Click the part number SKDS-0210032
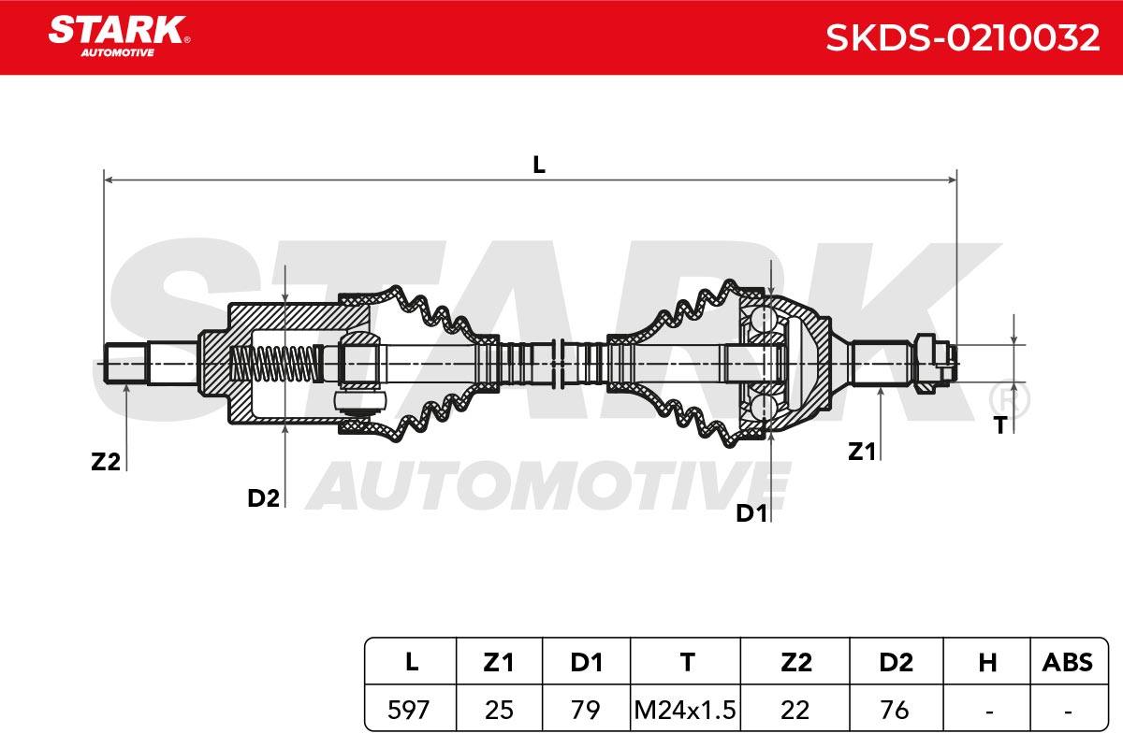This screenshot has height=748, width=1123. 963,37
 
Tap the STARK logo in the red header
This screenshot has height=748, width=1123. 119,36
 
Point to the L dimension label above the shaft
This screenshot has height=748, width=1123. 539,165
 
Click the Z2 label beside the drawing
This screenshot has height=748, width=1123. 106,462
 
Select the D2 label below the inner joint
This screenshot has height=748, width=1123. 263,498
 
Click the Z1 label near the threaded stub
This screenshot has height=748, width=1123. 862,452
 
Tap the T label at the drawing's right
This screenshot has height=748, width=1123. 1000,425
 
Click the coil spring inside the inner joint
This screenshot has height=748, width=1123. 274,364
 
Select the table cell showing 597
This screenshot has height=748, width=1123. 409,710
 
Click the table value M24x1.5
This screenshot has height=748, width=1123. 685,710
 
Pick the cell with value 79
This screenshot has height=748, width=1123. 586,710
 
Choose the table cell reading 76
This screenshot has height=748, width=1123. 895,710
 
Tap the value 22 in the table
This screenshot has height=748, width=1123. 795,710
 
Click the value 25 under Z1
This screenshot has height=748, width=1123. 500,710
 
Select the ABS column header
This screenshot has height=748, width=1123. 1068,662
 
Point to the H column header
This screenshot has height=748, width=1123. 987,662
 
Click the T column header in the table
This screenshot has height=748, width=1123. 687,662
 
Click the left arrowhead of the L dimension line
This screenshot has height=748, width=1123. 109,180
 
